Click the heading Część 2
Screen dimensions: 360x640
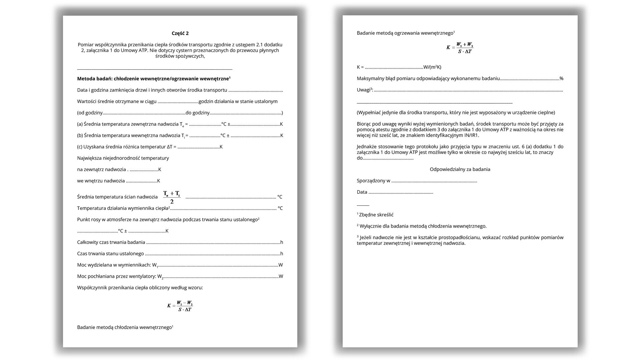(x=180, y=33)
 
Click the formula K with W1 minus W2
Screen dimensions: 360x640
(x=180, y=306)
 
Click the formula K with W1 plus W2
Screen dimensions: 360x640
(x=460, y=48)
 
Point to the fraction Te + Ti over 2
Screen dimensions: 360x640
(x=172, y=197)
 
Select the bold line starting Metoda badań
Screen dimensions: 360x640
(x=154, y=79)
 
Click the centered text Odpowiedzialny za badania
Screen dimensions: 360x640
(x=460, y=169)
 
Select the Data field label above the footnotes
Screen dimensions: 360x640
(x=362, y=192)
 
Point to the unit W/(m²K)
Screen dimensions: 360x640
(x=432, y=67)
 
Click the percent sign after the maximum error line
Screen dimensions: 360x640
(x=561, y=79)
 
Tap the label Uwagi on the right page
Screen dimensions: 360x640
(x=363, y=90)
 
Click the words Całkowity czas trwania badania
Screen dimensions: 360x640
(x=111, y=242)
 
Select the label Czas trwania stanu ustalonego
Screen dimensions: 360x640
(x=110, y=254)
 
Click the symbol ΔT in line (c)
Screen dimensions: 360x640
(x=170, y=147)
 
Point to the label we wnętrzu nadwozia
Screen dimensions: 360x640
(x=101, y=181)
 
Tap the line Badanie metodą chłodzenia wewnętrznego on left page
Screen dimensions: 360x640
(x=125, y=327)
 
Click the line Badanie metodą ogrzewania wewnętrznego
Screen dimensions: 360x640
(x=405, y=33)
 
